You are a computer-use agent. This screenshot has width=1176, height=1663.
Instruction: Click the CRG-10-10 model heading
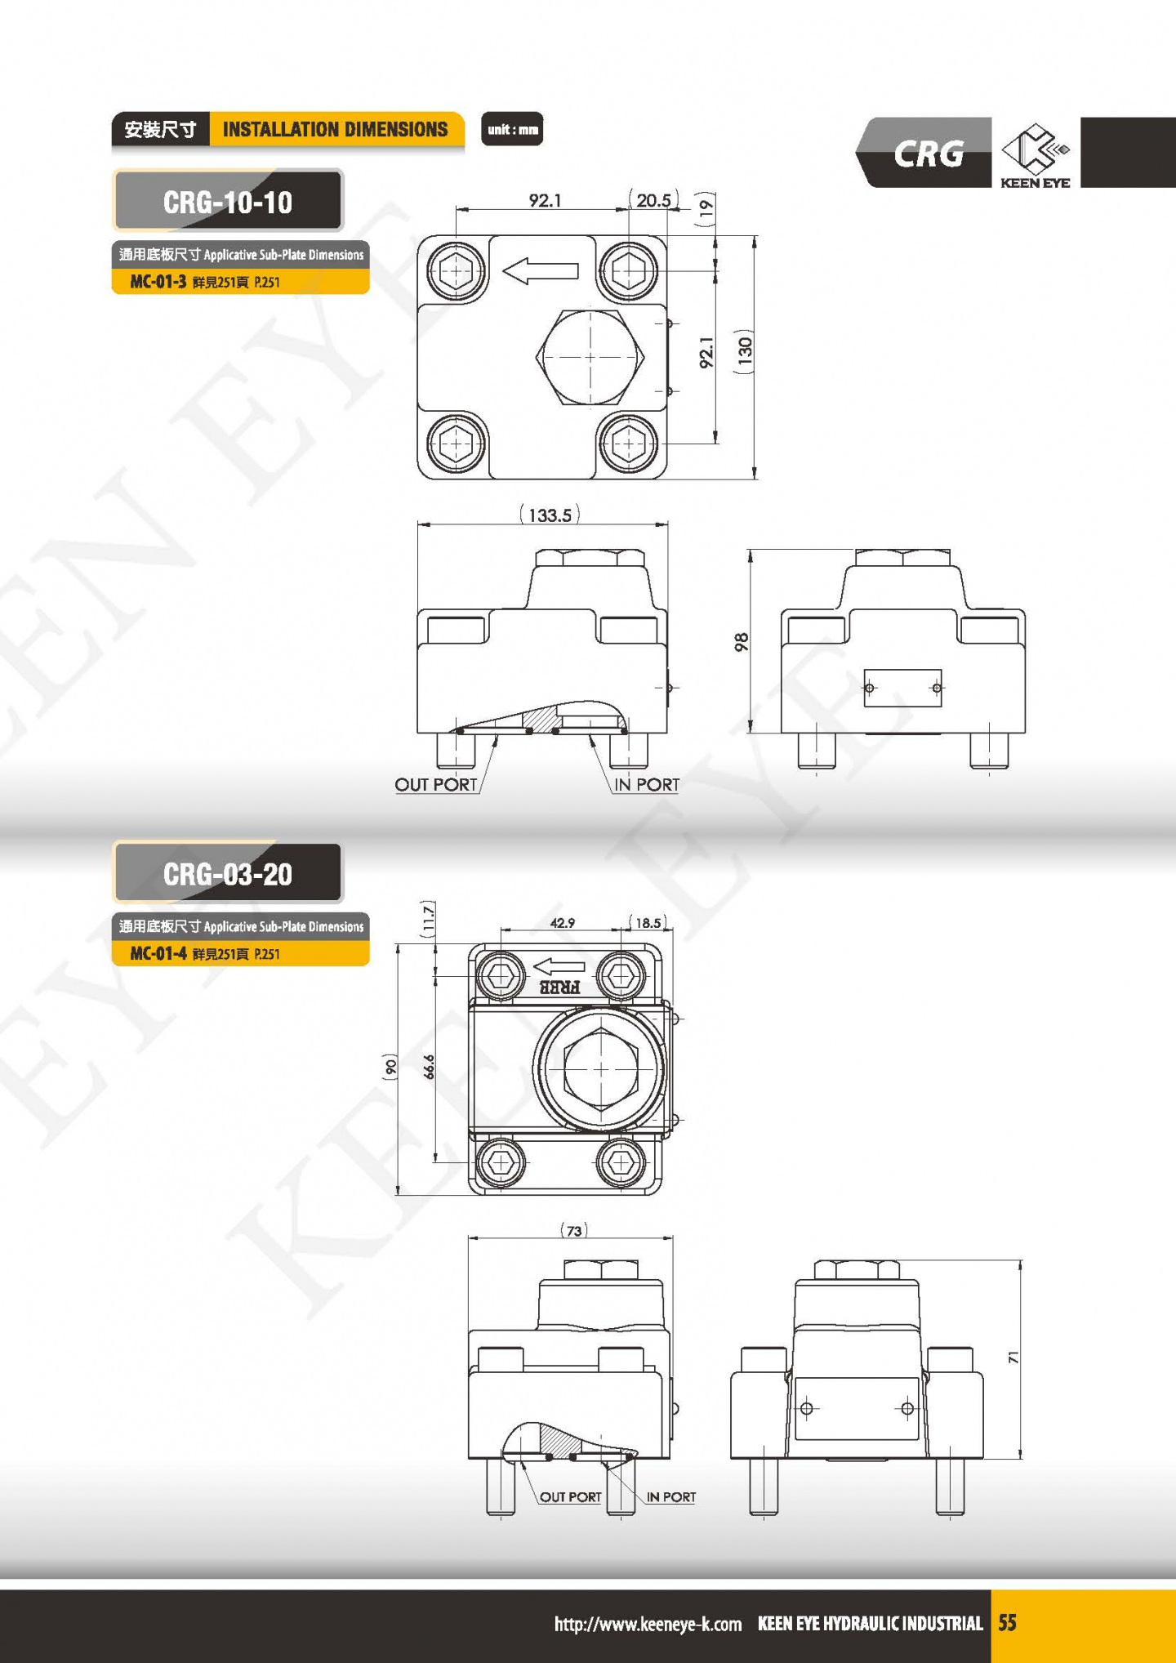pos(228,202)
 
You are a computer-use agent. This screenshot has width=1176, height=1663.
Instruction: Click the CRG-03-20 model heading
pos(228,874)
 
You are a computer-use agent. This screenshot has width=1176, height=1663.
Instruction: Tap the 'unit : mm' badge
pos(512,129)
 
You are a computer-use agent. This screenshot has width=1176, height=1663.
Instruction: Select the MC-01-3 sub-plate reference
pos(158,282)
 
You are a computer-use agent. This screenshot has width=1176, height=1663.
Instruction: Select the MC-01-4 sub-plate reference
pos(158,953)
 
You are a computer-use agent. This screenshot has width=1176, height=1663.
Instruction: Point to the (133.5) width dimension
pos(550,515)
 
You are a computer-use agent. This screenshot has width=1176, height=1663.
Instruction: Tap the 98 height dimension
pos(741,642)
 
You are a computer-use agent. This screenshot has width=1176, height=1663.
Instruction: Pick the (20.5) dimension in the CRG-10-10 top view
pos(653,200)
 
